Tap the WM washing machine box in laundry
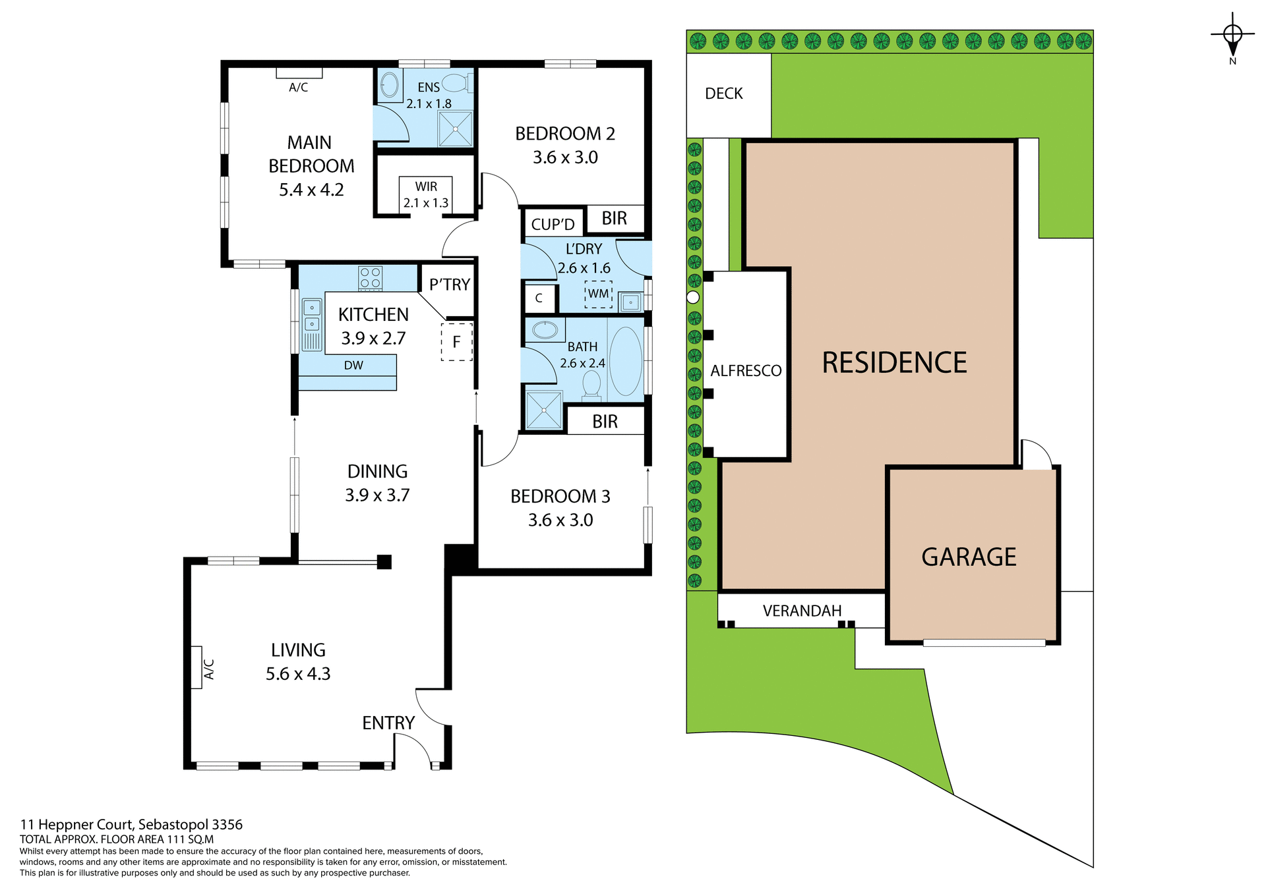pos(598,294)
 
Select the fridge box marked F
pos(456,342)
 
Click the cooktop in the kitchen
pos(370,277)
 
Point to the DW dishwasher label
pos(353,366)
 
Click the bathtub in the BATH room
pos(625,361)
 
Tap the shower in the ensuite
pos(456,129)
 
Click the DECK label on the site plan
pos(723,94)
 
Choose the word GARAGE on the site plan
pos(968,557)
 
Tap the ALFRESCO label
pos(746,371)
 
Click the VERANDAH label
pos(802,611)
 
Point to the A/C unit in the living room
pos(196,667)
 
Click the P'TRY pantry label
pos(449,285)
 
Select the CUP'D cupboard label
pos(553,225)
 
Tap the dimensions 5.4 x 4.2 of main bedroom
pos(311,190)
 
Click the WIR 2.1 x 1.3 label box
pos(426,194)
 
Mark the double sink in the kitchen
pos(312,316)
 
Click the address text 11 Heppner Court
pos(131,824)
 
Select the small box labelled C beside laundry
pos(539,298)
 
